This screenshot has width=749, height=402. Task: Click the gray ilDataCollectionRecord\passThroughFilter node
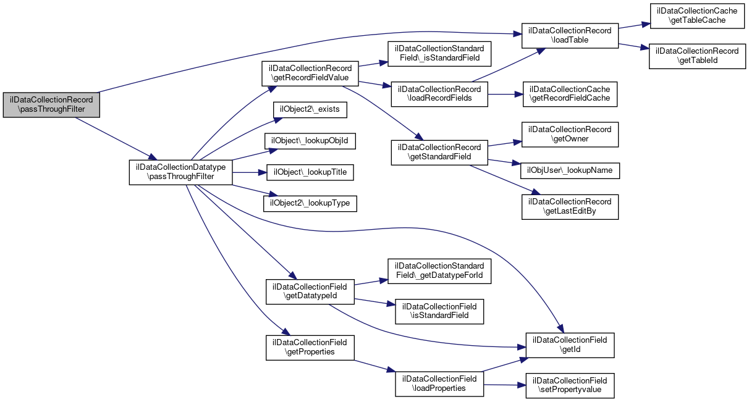(x=51, y=105)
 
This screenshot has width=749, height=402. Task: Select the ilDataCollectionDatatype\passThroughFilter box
(x=181, y=172)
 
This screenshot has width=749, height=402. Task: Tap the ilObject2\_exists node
(x=310, y=109)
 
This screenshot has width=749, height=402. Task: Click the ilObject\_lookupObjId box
(x=310, y=141)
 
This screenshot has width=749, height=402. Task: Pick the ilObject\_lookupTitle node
(x=310, y=172)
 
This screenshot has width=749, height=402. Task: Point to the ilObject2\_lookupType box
(x=310, y=204)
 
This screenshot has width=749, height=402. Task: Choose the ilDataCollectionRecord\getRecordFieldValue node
(x=310, y=73)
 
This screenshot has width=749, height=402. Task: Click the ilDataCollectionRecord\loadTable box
(x=570, y=36)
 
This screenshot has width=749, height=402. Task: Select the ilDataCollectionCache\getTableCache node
(x=697, y=16)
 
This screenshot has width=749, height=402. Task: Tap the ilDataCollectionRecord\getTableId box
(x=697, y=56)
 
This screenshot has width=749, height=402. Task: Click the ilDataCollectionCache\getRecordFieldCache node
(x=570, y=94)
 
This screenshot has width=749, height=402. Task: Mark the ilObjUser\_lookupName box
(x=570, y=171)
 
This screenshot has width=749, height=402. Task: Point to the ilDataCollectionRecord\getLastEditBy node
(x=570, y=207)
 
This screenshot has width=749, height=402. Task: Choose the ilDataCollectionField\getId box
(x=570, y=345)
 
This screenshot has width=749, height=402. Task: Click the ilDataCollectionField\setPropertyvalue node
(x=570, y=385)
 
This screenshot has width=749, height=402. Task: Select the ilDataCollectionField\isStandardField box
(x=439, y=311)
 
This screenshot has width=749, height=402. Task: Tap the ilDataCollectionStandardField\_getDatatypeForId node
(x=439, y=271)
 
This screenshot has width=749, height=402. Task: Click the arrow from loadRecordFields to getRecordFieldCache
(x=506, y=94)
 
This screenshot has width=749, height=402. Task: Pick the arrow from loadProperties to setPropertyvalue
(x=504, y=385)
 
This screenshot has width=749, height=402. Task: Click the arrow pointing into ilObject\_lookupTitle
(x=250, y=172)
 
